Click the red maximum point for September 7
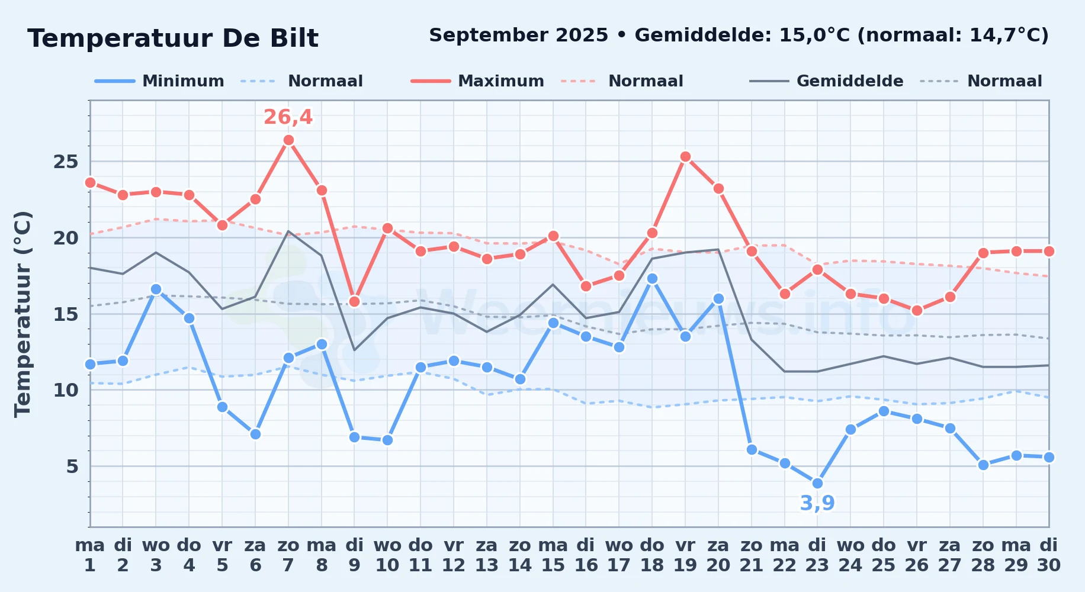coord(288,140)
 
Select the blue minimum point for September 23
coord(817,484)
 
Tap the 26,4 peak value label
coord(288,117)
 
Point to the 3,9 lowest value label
coord(817,503)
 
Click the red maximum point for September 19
coord(685,157)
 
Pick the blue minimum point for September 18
coord(652,279)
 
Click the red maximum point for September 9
coord(354,302)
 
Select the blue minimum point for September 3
coord(156,289)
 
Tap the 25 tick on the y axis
coord(66,162)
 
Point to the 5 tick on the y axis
coord(72,466)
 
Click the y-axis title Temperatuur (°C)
coord(23,314)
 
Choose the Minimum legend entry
coord(159,81)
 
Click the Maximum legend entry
coord(477,81)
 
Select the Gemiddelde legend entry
coord(827,81)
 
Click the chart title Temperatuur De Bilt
coord(173,38)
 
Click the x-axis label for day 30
coord(1049,565)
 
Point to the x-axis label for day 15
coord(553,565)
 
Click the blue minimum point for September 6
coord(255,435)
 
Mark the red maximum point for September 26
coord(917,311)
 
